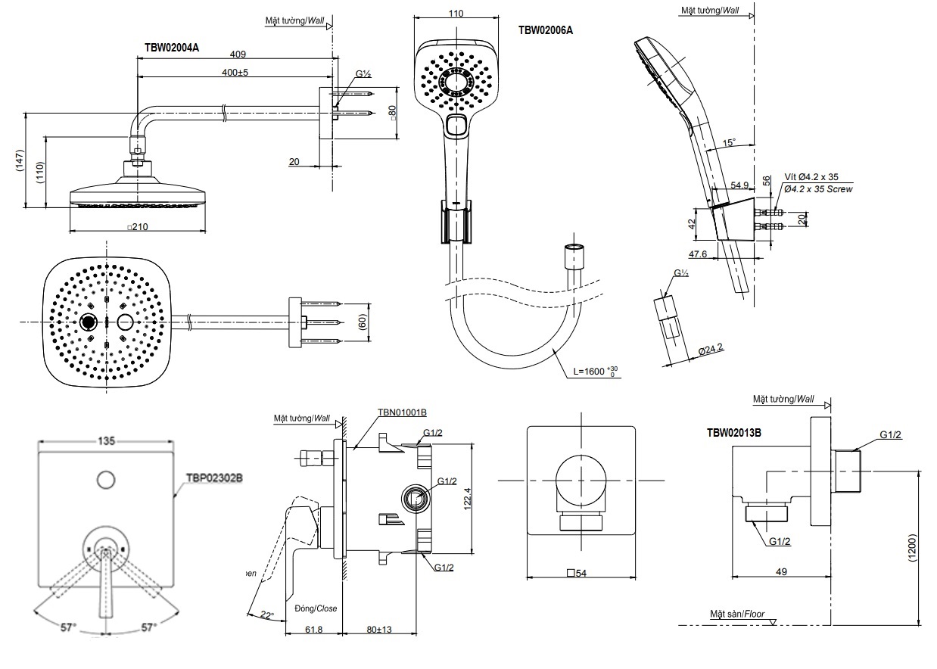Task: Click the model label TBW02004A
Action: pos(172,47)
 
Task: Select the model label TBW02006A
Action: pos(545,30)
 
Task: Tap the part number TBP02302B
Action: pos(214,478)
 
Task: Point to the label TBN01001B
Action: pos(402,412)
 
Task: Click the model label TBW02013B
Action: pos(734,433)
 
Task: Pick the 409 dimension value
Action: pos(238,54)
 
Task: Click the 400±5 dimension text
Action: pos(235,72)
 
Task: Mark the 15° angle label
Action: pos(728,142)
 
